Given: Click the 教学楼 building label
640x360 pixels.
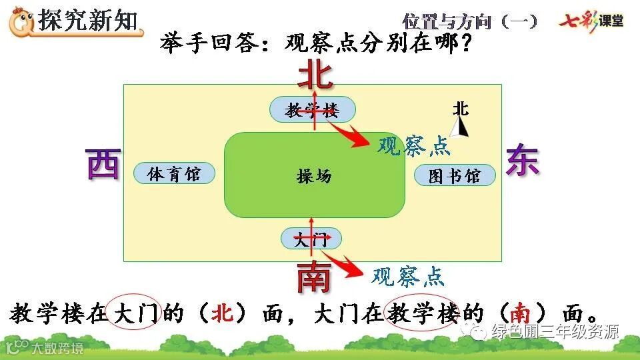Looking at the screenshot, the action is point(312,110).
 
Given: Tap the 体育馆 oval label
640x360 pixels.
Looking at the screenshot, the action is point(174,174).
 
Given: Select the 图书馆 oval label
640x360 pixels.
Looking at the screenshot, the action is point(455,176).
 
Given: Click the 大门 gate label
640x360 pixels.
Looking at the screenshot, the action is point(311,239).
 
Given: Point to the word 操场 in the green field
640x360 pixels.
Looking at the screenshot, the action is point(314,177).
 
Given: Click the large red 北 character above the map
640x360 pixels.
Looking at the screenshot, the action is point(315,75).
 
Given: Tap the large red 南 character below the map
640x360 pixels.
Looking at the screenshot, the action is point(313,277).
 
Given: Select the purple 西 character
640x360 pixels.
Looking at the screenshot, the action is point(103,164).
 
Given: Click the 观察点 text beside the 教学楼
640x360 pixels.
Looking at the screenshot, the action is point(413,145).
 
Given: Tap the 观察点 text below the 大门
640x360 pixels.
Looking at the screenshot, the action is point(407,275).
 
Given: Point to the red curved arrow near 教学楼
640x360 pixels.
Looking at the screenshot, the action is point(351,134).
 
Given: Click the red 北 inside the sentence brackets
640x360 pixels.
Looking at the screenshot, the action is point(221,313).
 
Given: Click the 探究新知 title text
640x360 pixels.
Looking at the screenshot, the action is point(90,20).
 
